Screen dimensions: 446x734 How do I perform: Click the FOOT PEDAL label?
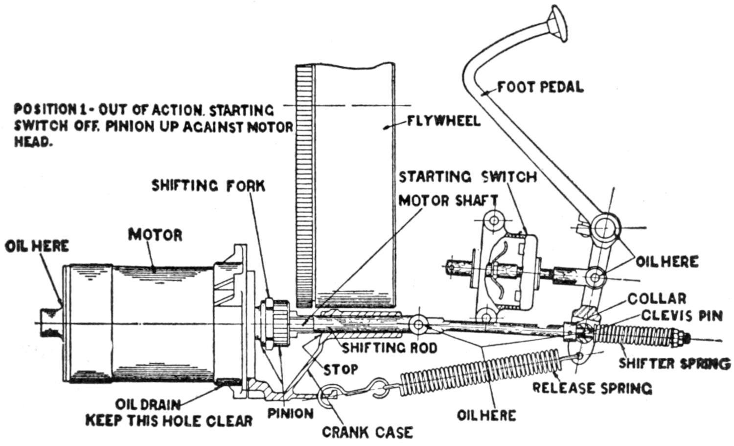tap(541, 87)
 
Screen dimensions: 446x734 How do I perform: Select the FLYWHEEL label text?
tap(443, 121)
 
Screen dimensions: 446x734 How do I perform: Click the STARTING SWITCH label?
tap(467, 176)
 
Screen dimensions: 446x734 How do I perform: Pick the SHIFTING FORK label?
tap(208, 186)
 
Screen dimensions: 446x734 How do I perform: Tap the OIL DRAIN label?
tap(148, 405)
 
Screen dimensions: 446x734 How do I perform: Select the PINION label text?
tap(290, 414)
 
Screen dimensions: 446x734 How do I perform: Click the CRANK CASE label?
tap(367, 432)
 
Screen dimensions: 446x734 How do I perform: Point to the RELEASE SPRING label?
tap(592, 388)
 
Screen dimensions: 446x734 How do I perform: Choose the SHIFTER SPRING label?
tap(674, 363)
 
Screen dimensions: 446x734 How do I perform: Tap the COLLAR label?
tap(657, 298)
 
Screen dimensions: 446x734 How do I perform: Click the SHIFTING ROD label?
tap(389, 348)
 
